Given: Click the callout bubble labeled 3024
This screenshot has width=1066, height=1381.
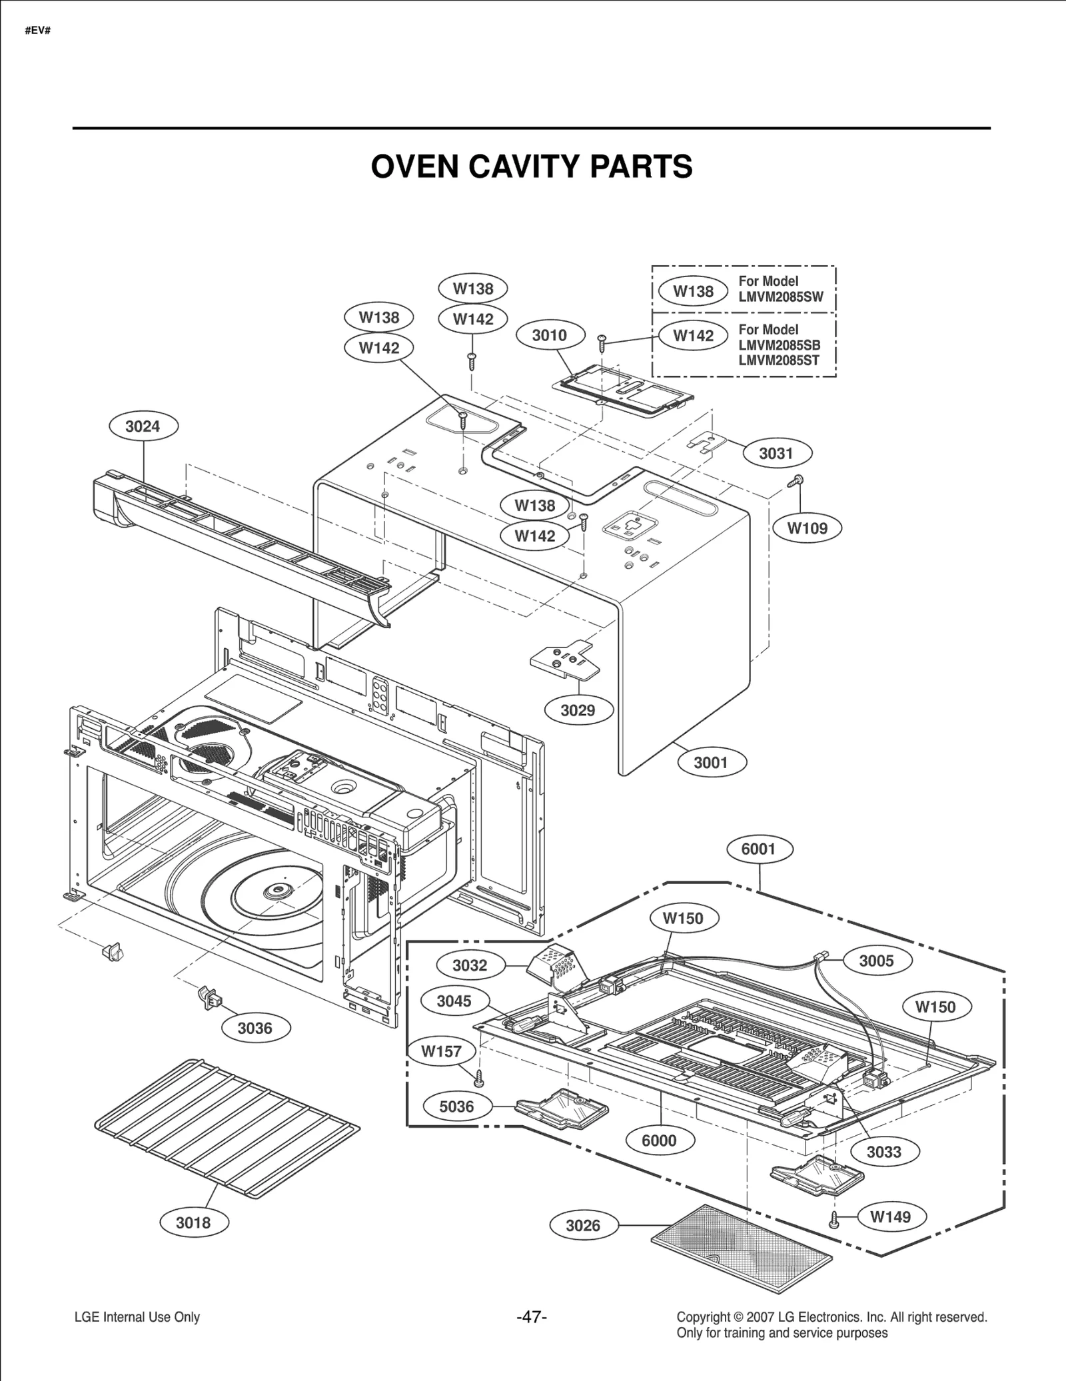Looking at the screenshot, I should coord(143,426).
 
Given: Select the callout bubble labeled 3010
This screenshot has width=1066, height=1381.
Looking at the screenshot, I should coord(549,335).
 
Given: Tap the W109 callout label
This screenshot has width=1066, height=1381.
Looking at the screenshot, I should coord(807,528).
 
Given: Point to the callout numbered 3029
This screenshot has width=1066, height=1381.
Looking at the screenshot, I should coord(577,710).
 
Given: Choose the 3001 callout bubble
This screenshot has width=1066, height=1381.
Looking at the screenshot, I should coord(711,763).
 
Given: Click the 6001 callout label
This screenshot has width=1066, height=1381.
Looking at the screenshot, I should coord(758,849).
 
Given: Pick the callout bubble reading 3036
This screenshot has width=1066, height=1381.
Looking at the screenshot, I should coord(255,1028).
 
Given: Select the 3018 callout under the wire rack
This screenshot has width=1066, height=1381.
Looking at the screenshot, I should coord(193,1222).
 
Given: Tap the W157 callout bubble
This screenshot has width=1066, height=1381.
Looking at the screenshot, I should coord(441,1052).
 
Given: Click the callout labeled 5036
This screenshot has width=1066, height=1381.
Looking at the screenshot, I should coord(456,1107).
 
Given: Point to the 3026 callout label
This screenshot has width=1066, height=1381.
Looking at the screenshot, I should coord(583,1225).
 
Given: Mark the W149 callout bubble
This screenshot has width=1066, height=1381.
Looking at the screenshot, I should coord(890,1216).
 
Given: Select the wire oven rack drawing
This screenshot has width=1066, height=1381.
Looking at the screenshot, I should coord(227,1126).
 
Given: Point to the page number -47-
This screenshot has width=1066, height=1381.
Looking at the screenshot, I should coord(532,1317).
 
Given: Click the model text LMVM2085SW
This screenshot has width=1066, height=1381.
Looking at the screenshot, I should coord(781,297).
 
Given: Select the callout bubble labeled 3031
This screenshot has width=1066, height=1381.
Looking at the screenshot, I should coord(776,454).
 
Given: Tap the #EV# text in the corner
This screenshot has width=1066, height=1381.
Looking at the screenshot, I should coord(38,31).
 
